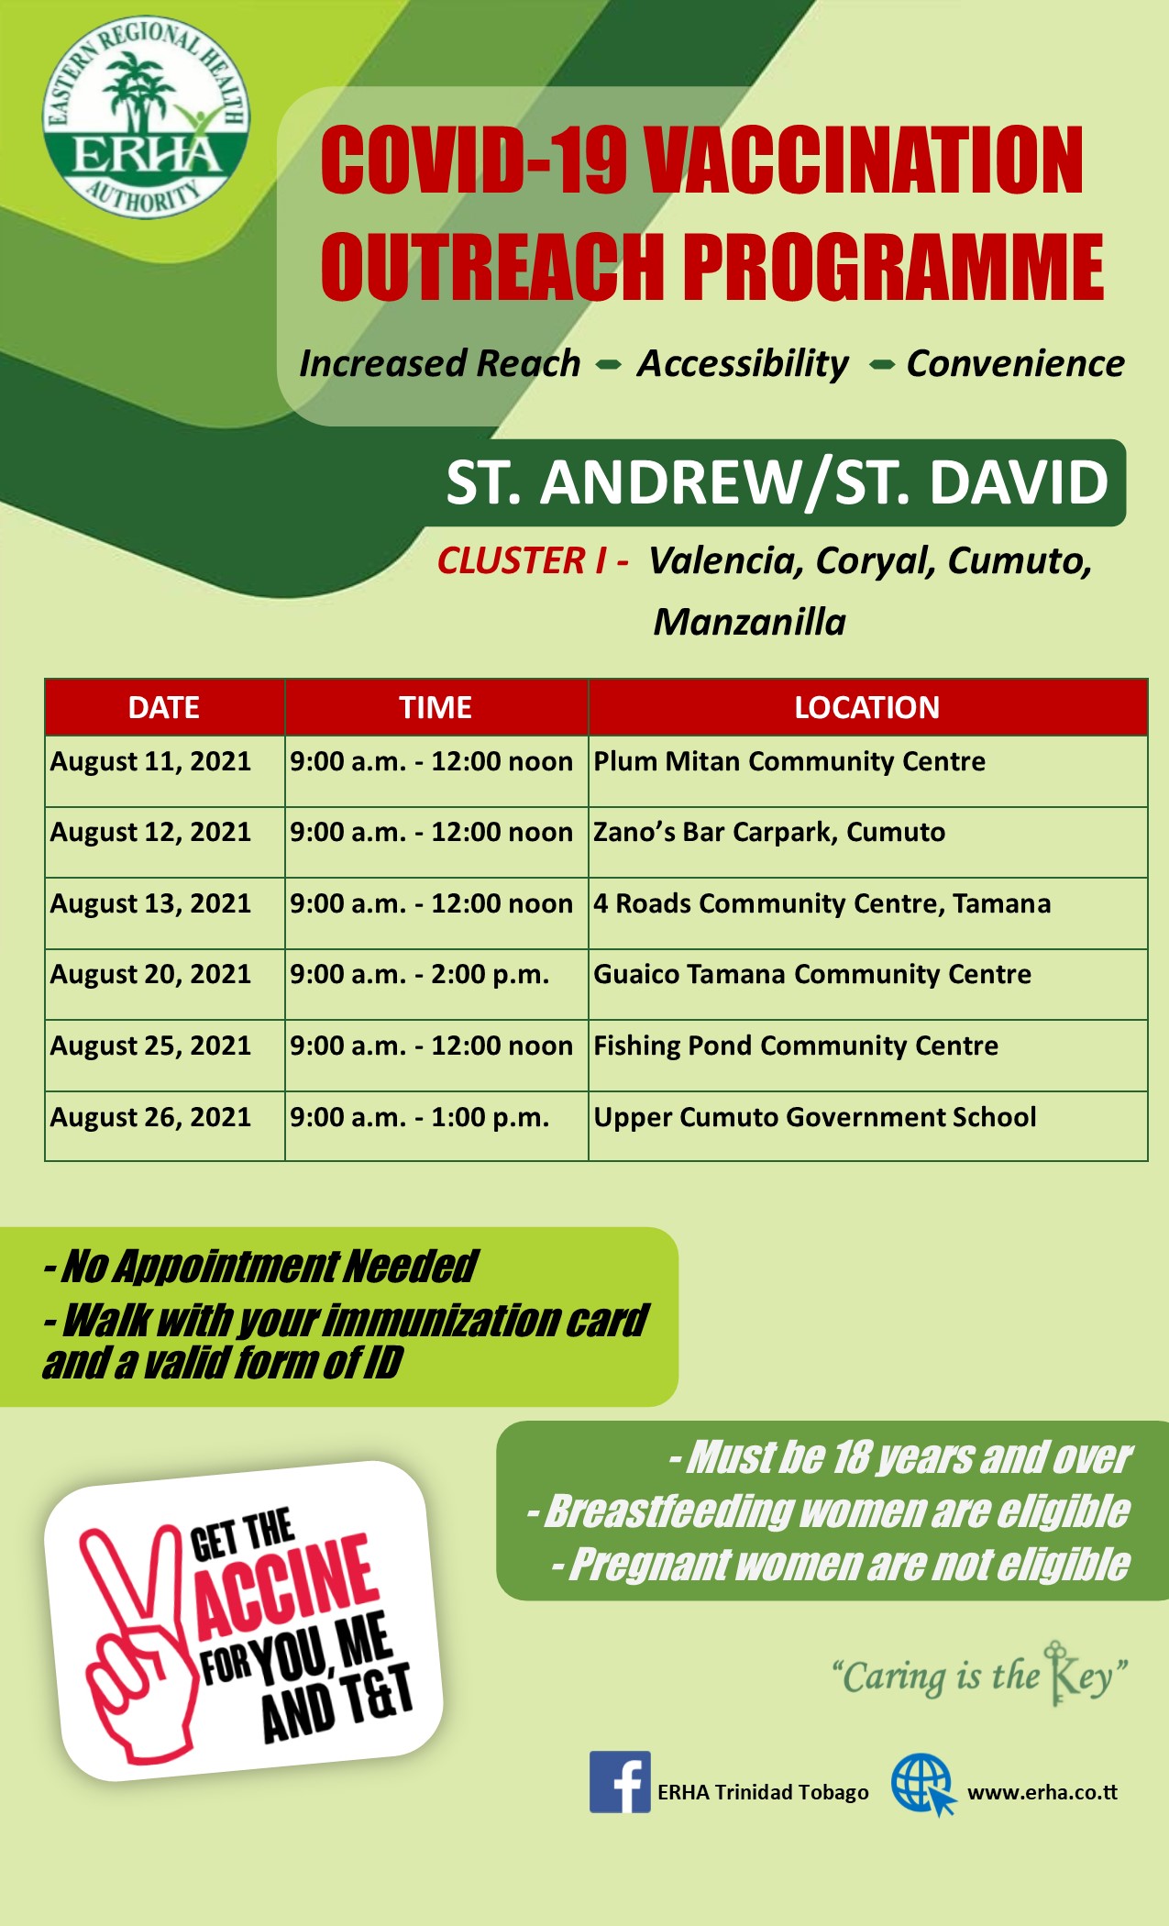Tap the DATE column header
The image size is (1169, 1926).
[x=165, y=707]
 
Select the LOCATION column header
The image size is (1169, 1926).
[x=867, y=707]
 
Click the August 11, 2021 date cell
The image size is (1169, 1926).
[x=165, y=771]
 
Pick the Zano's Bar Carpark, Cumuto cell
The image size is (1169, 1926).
[x=867, y=842]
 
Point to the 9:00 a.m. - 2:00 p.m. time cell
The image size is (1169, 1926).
[x=436, y=984]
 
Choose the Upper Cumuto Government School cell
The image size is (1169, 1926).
[x=867, y=1126]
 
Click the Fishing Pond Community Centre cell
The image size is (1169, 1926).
[x=867, y=1056]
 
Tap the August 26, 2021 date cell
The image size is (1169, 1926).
[x=165, y=1126]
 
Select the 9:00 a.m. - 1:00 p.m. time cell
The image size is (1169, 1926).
[x=436, y=1126]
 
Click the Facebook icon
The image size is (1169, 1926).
[x=620, y=1781]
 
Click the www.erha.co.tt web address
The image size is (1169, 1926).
[x=1042, y=1792]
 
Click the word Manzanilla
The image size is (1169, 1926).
[x=750, y=622]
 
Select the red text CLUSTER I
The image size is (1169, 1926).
[x=522, y=560]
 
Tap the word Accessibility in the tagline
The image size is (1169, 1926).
[x=744, y=364]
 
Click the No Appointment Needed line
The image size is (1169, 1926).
[x=260, y=1267]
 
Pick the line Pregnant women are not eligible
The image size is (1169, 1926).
[x=841, y=1565]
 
